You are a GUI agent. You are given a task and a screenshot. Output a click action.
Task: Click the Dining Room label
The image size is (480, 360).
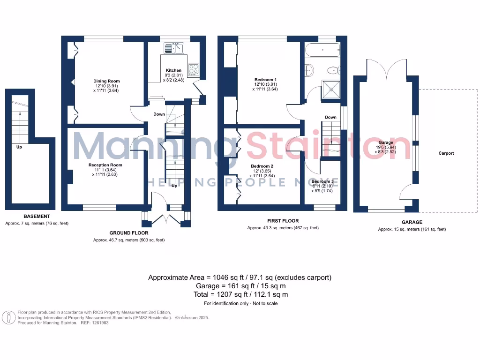point(107,81)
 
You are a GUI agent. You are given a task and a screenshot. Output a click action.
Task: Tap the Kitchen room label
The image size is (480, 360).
point(173,70)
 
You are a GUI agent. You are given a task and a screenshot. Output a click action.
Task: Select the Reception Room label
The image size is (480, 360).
point(105,165)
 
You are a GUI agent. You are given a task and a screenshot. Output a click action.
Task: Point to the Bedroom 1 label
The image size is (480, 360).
point(265,79)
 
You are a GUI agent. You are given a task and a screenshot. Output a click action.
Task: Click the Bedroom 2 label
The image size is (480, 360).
point(262,166)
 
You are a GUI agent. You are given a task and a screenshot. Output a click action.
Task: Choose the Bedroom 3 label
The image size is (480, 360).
point(322,181)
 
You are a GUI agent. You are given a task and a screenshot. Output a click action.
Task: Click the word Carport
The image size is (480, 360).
point(446,153)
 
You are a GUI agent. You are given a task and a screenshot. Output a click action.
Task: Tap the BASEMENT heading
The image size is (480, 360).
point(37,216)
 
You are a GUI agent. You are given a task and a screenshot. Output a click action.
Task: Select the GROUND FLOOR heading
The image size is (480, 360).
point(129,233)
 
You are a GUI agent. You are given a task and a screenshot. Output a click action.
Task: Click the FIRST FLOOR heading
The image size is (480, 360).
point(283,221)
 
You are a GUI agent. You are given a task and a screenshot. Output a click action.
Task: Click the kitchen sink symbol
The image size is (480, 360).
point(174,48)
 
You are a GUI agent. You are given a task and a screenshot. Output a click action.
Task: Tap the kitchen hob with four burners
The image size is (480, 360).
point(194,70)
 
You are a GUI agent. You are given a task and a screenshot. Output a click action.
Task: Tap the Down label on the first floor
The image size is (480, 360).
point(330,117)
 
